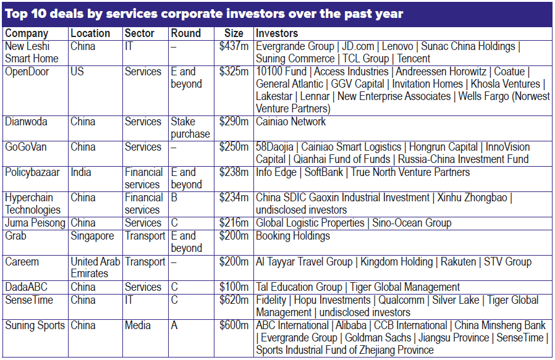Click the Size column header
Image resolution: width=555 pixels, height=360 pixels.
[x=234, y=33]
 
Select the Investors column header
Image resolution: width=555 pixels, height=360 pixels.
[x=277, y=33]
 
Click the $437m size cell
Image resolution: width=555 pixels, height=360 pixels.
[x=234, y=46]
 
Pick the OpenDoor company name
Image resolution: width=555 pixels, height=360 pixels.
[x=28, y=72]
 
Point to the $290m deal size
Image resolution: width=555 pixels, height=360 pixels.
[x=234, y=122]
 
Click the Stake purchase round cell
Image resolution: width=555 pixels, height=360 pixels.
[x=190, y=128]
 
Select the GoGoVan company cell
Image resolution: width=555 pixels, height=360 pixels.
[x=27, y=147]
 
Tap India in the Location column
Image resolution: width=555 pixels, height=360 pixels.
[x=81, y=172]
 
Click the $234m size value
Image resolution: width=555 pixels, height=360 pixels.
[x=234, y=198]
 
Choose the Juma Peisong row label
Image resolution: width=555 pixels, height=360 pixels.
[x=35, y=223]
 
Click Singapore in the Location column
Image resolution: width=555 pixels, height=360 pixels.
[x=92, y=236]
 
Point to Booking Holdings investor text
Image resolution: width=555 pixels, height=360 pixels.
[x=293, y=236]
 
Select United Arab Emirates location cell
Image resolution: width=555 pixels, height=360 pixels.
[x=95, y=267]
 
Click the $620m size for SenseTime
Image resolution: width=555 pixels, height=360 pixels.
[x=234, y=300]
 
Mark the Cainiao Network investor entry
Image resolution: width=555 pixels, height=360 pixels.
[x=290, y=122]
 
